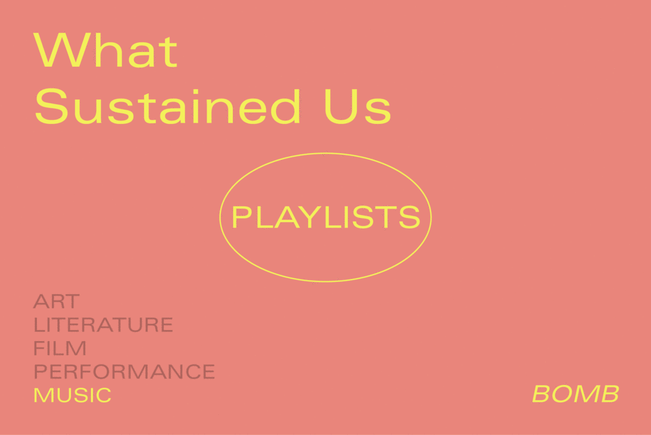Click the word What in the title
(x=105, y=50)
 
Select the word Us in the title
(x=358, y=107)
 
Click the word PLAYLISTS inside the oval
(x=325, y=217)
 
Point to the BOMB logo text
(x=576, y=394)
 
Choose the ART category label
(x=56, y=301)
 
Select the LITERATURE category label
(x=103, y=325)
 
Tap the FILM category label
(x=60, y=348)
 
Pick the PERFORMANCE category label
(x=125, y=371)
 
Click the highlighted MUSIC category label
(x=73, y=395)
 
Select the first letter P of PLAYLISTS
(x=241, y=217)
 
